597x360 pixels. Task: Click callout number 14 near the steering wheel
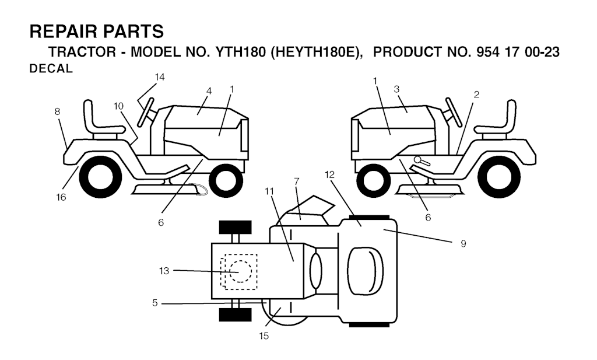[160, 77]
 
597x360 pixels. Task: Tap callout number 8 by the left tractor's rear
[57, 111]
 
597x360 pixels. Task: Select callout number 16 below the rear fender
[61, 197]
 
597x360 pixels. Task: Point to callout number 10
[118, 106]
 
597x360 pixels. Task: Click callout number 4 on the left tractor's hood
[209, 91]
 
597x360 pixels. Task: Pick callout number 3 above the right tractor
[396, 89]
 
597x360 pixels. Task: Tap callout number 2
[476, 95]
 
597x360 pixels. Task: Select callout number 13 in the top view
[164, 271]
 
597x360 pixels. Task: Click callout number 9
[463, 243]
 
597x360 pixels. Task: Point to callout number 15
[264, 336]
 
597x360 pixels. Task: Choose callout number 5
[154, 303]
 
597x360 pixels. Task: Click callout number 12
[330, 174]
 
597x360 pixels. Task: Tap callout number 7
[297, 181]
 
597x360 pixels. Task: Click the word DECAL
[51, 69]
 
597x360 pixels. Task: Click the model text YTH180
[241, 52]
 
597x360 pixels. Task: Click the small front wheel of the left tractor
[226, 180]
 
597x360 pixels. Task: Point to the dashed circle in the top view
[241, 271]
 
